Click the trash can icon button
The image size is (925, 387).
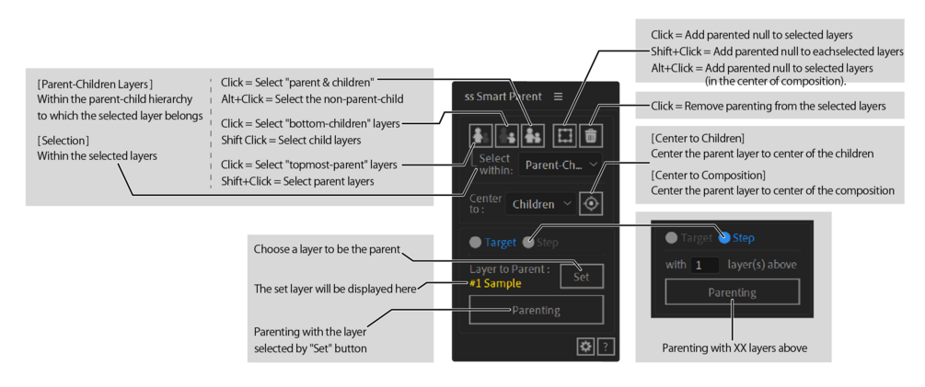coord(591,135)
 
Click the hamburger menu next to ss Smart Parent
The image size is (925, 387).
coord(558,97)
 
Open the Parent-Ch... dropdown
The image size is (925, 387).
coord(561,165)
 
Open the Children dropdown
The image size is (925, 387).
coord(541,204)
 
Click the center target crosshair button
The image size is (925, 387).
coord(591,204)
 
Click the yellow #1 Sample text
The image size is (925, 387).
coord(495,283)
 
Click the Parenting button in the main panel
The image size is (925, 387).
coord(536,310)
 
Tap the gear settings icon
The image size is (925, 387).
coord(584,346)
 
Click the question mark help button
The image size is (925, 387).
coord(606,346)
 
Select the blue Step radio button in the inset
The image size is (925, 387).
coord(724,237)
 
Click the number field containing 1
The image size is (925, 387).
coord(704,265)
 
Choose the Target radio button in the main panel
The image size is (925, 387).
coord(475,243)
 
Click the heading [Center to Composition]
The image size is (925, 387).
coord(708,176)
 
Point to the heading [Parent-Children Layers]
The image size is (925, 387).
coord(95,85)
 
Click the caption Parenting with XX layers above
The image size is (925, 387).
coord(734,347)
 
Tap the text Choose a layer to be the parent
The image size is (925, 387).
coord(328,250)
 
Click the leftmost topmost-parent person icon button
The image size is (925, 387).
coord(480,135)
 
